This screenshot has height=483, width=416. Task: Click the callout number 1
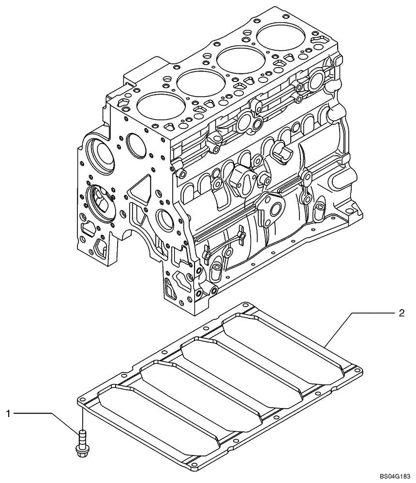click(x=8, y=413)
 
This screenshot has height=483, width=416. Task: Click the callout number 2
click(x=401, y=313)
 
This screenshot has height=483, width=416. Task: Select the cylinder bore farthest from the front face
click(x=278, y=36)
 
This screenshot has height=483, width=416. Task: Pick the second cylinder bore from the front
click(x=196, y=82)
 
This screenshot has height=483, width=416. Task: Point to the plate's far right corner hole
click(x=357, y=371)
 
